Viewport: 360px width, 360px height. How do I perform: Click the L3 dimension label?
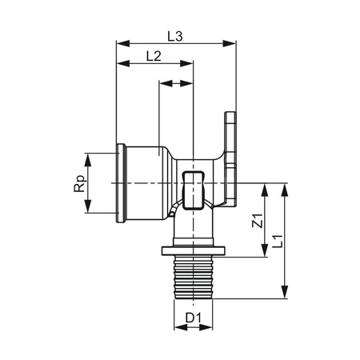coord(177,35)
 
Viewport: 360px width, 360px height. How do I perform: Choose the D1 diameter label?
coord(192,320)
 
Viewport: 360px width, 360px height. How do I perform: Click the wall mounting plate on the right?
coord(232,156)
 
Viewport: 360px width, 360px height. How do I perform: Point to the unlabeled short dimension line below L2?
coord(177,82)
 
